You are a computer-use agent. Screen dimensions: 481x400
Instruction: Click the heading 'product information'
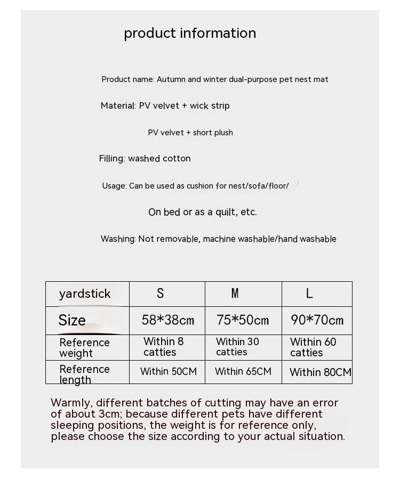[190, 33]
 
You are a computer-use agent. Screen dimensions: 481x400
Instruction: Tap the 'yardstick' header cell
[85, 294]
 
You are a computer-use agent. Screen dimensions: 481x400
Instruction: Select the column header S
[160, 293]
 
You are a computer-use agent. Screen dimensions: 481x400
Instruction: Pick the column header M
[235, 293]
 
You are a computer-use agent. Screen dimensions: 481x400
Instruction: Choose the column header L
[309, 293]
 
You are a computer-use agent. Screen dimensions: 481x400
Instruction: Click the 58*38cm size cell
[168, 320]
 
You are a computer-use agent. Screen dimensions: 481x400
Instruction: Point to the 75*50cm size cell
[243, 320]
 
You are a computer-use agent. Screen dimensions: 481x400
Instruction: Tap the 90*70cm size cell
[317, 320]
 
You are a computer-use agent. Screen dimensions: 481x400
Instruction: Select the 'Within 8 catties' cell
[163, 347]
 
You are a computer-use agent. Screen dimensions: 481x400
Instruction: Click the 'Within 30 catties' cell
[238, 347]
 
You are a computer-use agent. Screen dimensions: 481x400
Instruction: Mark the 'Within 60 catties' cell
[313, 347]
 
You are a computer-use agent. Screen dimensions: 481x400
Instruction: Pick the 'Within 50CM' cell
[169, 371]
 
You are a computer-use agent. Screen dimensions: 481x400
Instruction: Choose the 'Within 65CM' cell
[243, 371]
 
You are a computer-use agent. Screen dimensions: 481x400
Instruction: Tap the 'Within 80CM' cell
[321, 372]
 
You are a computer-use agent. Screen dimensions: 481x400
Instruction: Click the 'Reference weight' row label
[84, 348]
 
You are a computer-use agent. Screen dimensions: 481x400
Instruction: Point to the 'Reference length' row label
[84, 374]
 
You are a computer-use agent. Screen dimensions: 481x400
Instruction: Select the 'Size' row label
[72, 320]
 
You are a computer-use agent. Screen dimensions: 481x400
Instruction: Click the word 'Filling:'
[112, 158]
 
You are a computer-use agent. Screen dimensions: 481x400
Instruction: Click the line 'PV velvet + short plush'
[190, 133]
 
